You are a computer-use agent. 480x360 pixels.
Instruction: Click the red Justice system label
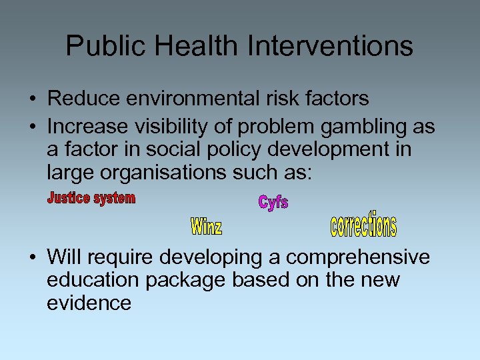tap(91, 199)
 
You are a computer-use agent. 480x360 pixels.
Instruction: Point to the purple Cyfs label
tap(273, 202)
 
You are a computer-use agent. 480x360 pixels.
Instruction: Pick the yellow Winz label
tap(207, 227)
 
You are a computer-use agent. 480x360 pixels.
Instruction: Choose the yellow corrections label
tap(363, 225)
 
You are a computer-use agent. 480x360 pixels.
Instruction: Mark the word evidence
tap(89, 303)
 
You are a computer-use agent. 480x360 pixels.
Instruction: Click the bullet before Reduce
tap(32, 99)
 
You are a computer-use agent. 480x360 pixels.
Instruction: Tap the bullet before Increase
tap(32, 127)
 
